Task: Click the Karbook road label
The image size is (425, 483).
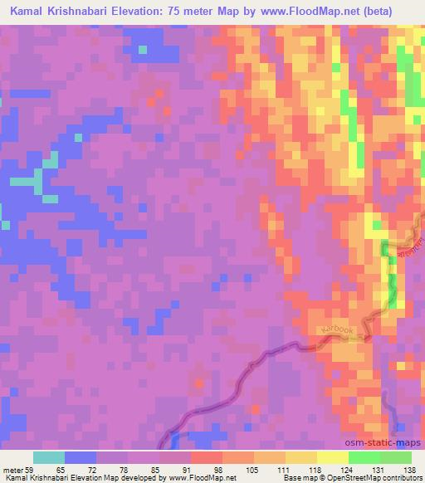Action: (x=335, y=329)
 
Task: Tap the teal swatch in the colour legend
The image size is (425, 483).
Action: (x=49, y=458)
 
